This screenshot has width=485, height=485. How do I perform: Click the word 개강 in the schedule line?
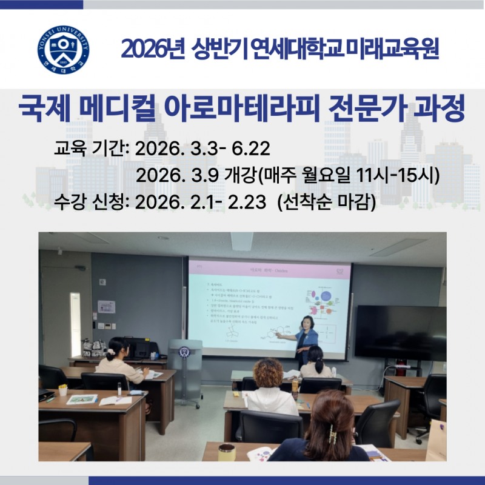point(241,176)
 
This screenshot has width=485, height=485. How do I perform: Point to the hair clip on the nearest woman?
point(332,433)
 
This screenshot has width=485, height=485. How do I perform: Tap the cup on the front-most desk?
point(227,452)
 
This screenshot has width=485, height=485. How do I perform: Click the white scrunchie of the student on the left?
point(110,351)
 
